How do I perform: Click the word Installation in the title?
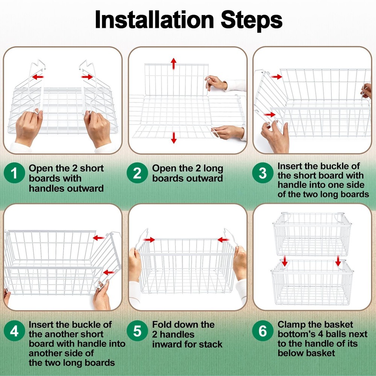tap(154, 20)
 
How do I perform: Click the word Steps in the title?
tap(251, 21)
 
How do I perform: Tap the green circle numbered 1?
tap(14, 173)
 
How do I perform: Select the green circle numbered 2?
tap(137, 173)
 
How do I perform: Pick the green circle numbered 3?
tap(263, 173)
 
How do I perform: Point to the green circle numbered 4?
tap(14, 331)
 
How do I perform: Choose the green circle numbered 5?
tap(137, 331)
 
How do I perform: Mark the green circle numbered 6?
tap(263, 331)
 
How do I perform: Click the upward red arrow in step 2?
tap(174, 64)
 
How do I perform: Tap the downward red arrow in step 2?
tap(174, 138)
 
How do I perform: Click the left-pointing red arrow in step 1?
tap(38, 77)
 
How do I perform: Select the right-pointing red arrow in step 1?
tap(87, 77)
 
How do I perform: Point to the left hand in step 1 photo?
tap(28, 127)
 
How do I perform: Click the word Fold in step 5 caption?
tap(162, 324)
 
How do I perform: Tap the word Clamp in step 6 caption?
tap(291, 325)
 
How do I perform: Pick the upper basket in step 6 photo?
tap(312, 234)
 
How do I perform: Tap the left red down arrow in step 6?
tap(285, 261)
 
